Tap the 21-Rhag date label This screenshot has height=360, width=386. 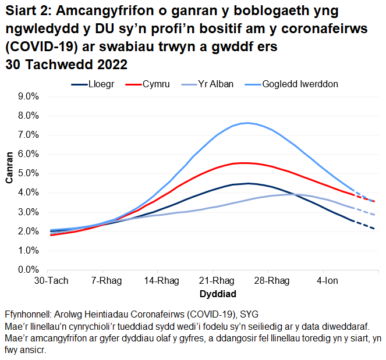tap(214, 281)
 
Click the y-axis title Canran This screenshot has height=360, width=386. tap(10, 168)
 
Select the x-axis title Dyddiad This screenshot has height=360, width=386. tap(215, 292)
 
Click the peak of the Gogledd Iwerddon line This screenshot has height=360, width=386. tap(248, 123)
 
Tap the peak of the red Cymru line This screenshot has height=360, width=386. tap(245, 163)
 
